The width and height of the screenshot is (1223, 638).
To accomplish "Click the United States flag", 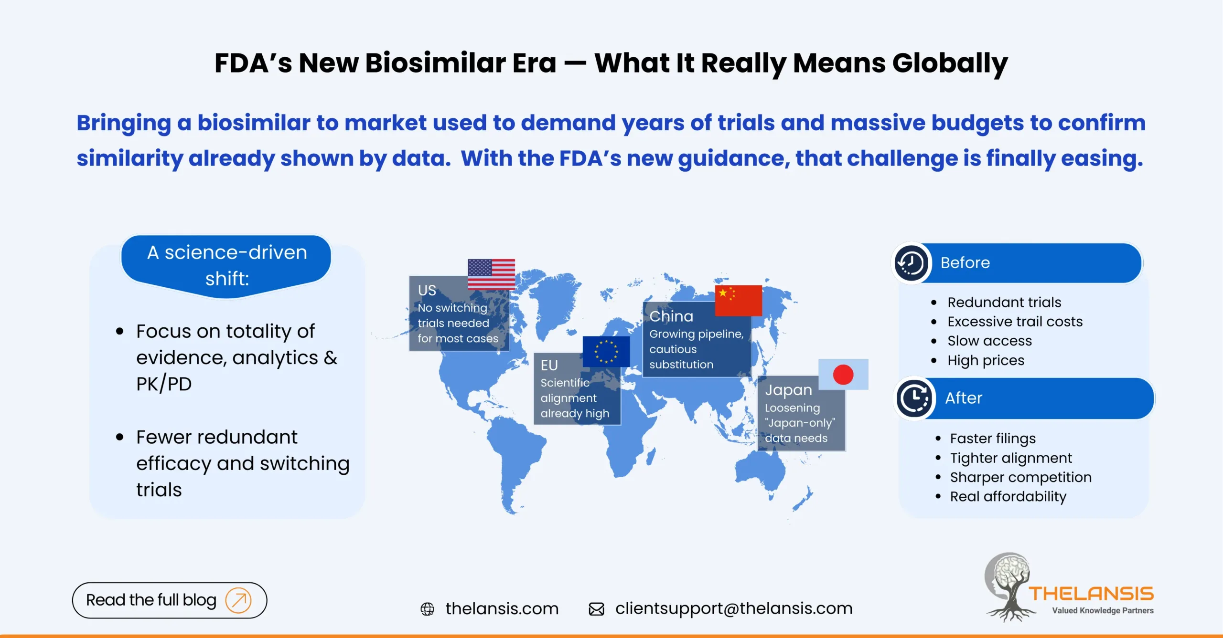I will pos(491,274).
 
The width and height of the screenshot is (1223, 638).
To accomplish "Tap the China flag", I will pos(738,301).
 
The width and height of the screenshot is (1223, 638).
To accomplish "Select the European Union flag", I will pos(606,352).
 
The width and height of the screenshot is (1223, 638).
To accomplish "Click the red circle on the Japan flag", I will pos(843,375).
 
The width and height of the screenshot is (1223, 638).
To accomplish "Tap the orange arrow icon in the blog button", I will pos(238,600).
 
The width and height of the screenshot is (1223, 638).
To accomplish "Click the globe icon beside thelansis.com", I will pos(427,609).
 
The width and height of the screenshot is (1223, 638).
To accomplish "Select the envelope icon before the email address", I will pos(596,609).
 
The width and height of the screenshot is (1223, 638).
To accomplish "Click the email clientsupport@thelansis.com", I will pos(733,608).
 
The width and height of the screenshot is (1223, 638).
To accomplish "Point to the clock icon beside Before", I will pos(911,263).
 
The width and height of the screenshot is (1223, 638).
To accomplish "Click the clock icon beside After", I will pos(914,398).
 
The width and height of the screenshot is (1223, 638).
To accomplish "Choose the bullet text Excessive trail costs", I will pos(1015,322).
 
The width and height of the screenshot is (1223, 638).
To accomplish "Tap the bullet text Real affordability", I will pos(1008,497).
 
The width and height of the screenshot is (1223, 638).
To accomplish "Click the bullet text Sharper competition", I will pos(1020,477).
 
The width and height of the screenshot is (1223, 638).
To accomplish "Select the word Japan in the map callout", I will pos(788,390).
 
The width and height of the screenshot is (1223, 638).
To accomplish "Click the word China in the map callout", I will pos(671,316).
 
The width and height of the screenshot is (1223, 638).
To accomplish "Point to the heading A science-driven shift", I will pos(227,265).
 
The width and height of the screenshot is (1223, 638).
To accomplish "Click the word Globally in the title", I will pos(950,63).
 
